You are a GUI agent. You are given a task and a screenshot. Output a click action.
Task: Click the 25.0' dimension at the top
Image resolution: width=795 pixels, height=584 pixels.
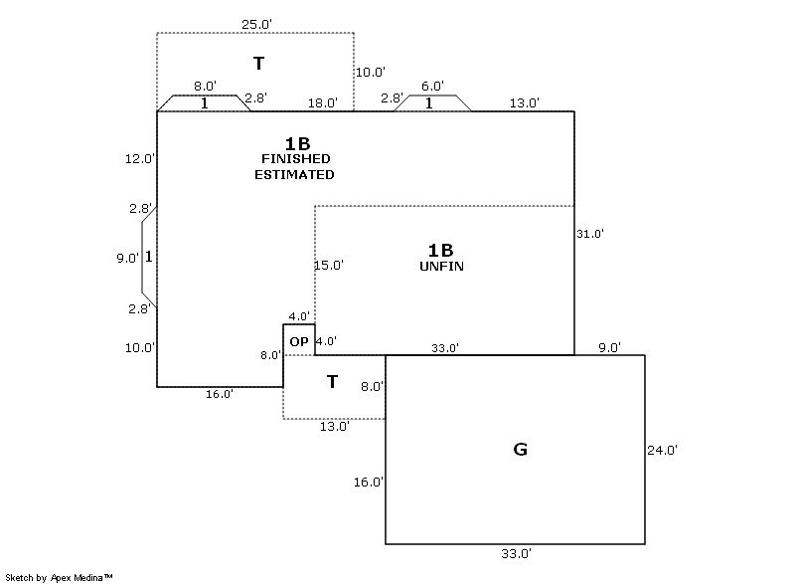(255, 23)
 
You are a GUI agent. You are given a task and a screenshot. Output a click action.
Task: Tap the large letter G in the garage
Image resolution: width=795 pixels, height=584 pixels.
(520, 450)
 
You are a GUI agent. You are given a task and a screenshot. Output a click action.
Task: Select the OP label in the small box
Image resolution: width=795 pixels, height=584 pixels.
(298, 341)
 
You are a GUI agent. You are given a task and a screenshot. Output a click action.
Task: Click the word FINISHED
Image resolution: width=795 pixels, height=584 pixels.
(295, 159)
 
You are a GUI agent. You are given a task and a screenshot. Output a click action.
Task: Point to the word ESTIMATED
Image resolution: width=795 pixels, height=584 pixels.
(295, 174)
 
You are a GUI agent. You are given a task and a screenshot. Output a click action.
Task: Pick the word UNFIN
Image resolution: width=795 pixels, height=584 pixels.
(442, 267)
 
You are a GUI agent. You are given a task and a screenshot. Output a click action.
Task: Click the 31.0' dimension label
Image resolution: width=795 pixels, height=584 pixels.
(590, 234)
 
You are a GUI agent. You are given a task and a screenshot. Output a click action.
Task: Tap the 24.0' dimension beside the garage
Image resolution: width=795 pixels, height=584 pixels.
(662, 450)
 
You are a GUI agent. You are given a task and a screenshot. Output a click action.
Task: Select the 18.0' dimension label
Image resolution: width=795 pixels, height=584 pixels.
(322, 102)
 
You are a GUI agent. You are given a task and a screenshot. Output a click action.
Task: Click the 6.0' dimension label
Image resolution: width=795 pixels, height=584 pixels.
(432, 87)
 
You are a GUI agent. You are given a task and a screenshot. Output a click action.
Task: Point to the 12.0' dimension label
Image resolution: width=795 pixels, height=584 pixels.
(139, 158)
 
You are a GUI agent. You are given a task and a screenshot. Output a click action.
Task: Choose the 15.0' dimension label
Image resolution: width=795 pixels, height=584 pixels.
(329, 266)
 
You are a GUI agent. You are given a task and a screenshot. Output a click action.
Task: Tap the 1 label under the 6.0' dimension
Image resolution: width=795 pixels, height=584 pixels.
(429, 102)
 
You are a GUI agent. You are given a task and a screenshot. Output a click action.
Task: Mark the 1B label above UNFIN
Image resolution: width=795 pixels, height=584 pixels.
(440, 250)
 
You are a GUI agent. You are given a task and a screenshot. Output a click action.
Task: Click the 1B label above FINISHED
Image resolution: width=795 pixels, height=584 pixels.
(297, 143)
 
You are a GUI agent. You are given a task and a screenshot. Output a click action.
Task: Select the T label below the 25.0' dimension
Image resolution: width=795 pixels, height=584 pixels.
(258, 64)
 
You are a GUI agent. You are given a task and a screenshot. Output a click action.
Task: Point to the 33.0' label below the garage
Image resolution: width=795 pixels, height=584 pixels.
(515, 553)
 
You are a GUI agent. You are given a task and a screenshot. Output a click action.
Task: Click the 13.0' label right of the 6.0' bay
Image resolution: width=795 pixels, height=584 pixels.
(524, 102)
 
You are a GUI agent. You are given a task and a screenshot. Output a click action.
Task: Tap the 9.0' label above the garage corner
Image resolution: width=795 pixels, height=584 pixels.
(609, 347)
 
